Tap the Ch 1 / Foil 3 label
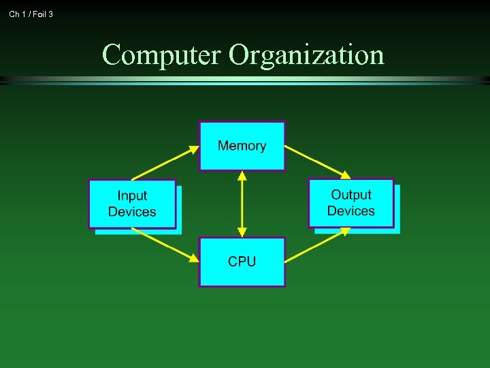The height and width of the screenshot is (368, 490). click(x=31, y=14)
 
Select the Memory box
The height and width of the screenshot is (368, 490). click(x=242, y=146)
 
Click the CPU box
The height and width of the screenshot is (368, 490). click(x=242, y=262)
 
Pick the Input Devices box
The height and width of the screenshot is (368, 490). click(x=132, y=204)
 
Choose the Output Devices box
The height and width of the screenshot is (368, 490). click(x=351, y=203)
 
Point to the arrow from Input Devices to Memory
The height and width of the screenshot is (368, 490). click(x=165, y=163)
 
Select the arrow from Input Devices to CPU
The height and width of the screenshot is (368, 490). click(x=165, y=245)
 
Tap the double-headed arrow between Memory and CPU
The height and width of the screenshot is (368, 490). click(x=242, y=204)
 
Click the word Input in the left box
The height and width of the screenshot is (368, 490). click(x=132, y=196)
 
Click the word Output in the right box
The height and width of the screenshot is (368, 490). click(x=351, y=196)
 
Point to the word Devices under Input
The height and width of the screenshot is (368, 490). click(x=132, y=212)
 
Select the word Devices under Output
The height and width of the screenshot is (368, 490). click(x=351, y=211)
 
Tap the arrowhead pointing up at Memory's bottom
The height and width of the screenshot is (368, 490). click(x=242, y=176)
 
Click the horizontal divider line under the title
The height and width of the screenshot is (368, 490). click(x=245, y=80)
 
